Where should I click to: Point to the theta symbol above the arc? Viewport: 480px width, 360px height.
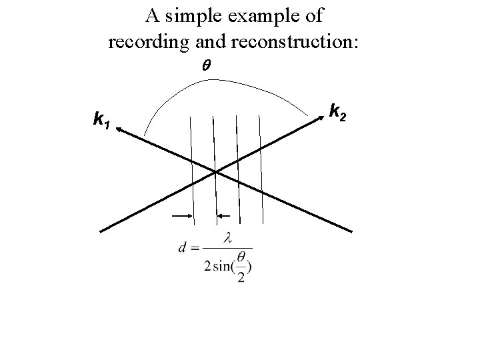click(x=205, y=67)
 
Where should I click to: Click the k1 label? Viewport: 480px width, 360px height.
click(x=102, y=121)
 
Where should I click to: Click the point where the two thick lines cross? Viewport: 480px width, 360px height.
click(x=215, y=172)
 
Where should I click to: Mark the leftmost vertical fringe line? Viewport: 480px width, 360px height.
click(x=192, y=167)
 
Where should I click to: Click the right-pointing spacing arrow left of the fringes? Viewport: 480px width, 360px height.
click(x=183, y=216)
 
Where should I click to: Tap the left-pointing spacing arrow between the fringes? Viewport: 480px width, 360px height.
click(x=224, y=216)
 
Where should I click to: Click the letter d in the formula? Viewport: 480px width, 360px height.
click(x=183, y=248)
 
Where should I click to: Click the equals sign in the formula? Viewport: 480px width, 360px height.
click(x=195, y=249)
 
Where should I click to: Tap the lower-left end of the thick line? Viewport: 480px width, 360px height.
click(x=102, y=231)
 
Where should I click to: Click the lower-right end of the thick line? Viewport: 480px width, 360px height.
click(x=351, y=231)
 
